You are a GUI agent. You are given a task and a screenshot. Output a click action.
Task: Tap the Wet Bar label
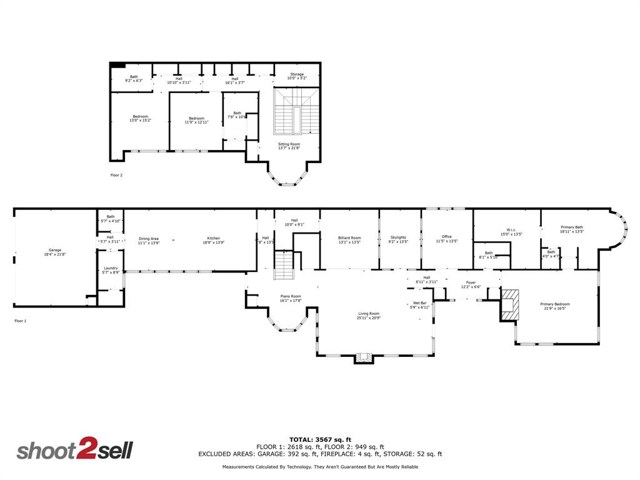click(x=419, y=304)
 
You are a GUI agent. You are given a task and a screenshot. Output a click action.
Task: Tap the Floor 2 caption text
click(x=116, y=175)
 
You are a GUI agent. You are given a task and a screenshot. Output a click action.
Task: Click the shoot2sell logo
click(x=74, y=450)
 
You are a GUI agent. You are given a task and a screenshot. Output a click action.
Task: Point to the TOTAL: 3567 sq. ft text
click(x=320, y=439)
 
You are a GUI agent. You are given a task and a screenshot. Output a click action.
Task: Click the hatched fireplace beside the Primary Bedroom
click(x=509, y=304)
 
